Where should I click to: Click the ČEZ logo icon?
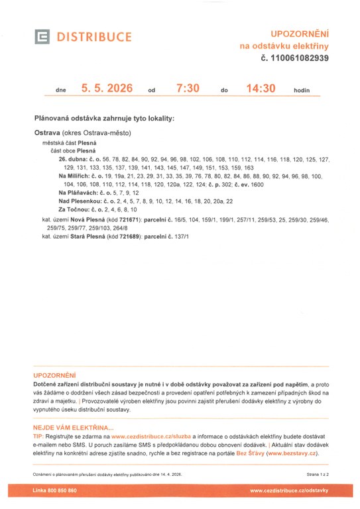(x=42, y=36)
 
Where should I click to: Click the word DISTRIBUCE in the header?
(x=94, y=37)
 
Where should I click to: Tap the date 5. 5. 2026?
(x=107, y=88)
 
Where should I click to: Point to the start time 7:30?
(x=188, y=88)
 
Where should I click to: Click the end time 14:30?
(x=260, y=88)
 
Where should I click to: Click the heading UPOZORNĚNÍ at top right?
(x=300, y=32)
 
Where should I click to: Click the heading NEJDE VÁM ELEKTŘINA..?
(x=73, y=428)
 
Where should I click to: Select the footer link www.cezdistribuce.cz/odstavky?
(x=289, y=490)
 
